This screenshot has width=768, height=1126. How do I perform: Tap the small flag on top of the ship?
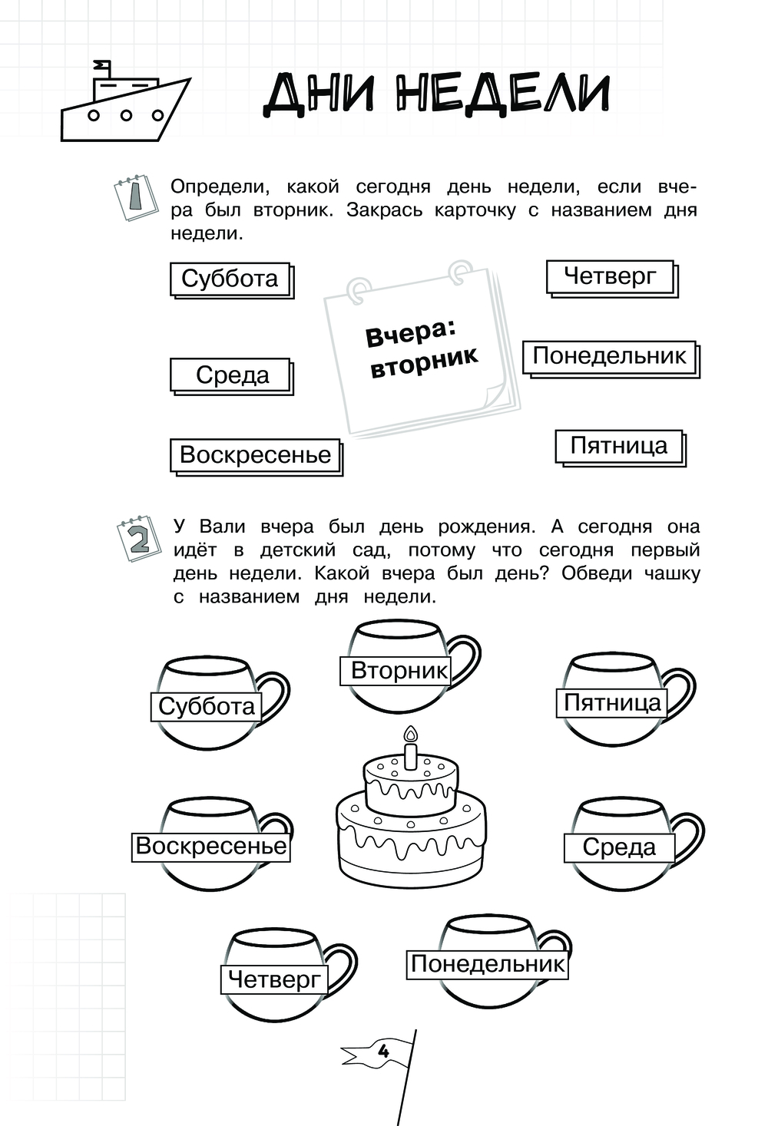coord(102,64)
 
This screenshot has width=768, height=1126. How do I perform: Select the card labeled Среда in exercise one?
coord(232,376)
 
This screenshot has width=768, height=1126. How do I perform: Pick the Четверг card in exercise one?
coord(612,279)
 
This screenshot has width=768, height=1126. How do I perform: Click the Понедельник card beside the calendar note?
coord(611,359)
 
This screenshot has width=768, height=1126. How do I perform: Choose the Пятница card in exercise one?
coord(621,447)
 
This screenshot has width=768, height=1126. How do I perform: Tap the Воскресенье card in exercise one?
coord(257,457)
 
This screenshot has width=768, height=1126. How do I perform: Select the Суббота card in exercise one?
coord(232,280)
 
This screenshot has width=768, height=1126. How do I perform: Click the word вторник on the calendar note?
coord(425,362)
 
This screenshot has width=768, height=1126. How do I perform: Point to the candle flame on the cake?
coord(412,734)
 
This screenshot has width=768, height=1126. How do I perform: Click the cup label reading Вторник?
coord(396,671)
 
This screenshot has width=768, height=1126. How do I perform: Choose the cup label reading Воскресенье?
coord(211,847)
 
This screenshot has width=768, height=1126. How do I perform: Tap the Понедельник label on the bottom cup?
coord(488,964)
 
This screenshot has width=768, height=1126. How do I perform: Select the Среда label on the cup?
coord(619,848)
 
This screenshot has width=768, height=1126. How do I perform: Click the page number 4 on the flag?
coord(383,1051)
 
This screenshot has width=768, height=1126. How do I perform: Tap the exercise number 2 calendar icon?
coord(139,538)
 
